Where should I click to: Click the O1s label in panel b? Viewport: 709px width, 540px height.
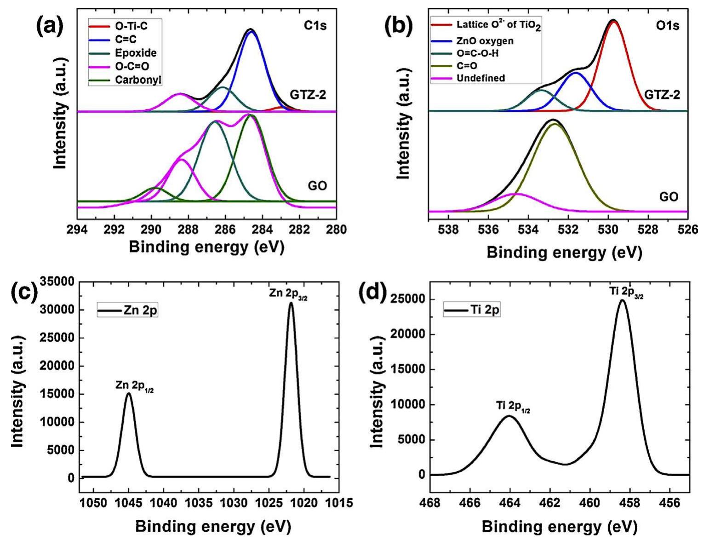click(x=667, y=26)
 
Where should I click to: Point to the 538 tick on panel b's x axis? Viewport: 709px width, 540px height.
click(x=449, y=229)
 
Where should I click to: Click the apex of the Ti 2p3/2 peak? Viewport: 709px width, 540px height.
click(x=623, y=300)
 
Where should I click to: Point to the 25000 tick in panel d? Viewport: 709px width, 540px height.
click(x=406, y=299)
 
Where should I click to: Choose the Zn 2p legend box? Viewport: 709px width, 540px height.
click(x=127, y=310)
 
